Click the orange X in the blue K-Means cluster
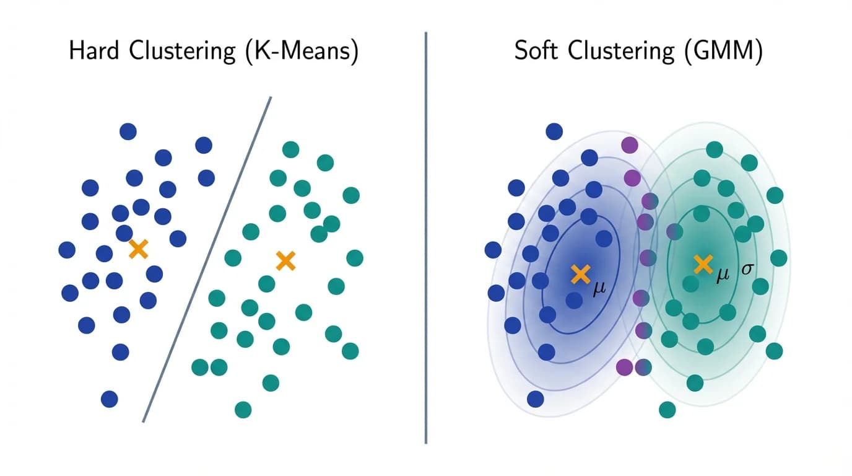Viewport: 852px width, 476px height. [139, 250]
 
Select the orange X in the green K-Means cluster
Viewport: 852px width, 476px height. [285, 261]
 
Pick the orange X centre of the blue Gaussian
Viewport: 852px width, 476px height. [580, 274]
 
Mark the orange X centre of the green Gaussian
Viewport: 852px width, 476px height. [703, 265]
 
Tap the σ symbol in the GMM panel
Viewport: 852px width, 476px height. [748, 270]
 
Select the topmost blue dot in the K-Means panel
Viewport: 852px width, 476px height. [128, 131]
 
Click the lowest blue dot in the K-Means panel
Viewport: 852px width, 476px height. [109, 399]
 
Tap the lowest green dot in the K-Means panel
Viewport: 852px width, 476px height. [243, 409]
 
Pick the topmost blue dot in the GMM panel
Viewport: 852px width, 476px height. [554, 131]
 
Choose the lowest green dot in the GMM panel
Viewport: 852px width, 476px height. [667, 409]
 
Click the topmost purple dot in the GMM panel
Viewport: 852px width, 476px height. [629, 145]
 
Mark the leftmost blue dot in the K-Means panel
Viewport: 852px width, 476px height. [67, 250]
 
